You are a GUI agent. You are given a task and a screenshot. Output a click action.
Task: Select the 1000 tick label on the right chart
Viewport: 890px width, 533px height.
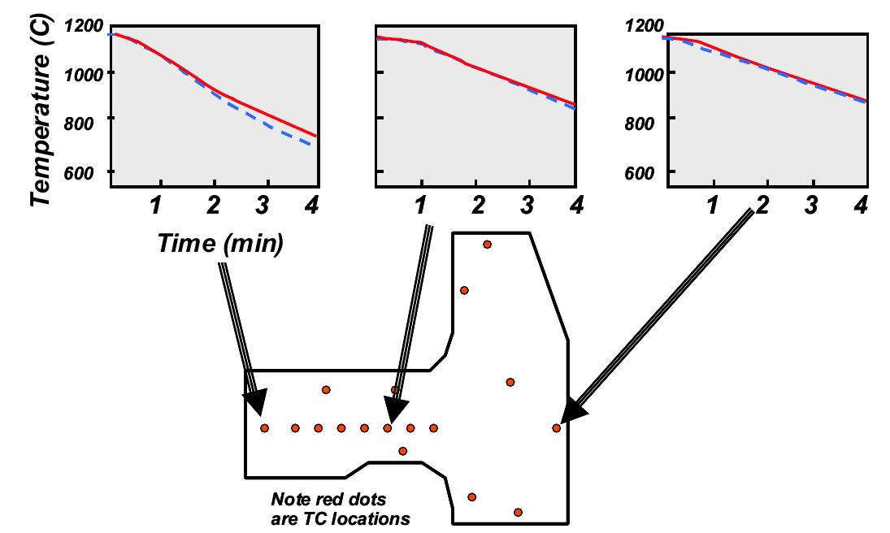(645, 72)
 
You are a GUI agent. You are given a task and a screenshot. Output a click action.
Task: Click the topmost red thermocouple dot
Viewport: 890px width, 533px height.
(487, 244)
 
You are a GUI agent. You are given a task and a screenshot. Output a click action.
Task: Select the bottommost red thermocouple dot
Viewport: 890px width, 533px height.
(518, 512)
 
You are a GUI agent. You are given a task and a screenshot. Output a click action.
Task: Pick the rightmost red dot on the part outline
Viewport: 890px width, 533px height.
(556, 427)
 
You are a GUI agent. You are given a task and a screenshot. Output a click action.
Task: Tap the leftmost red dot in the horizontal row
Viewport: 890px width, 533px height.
(264, 427)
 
